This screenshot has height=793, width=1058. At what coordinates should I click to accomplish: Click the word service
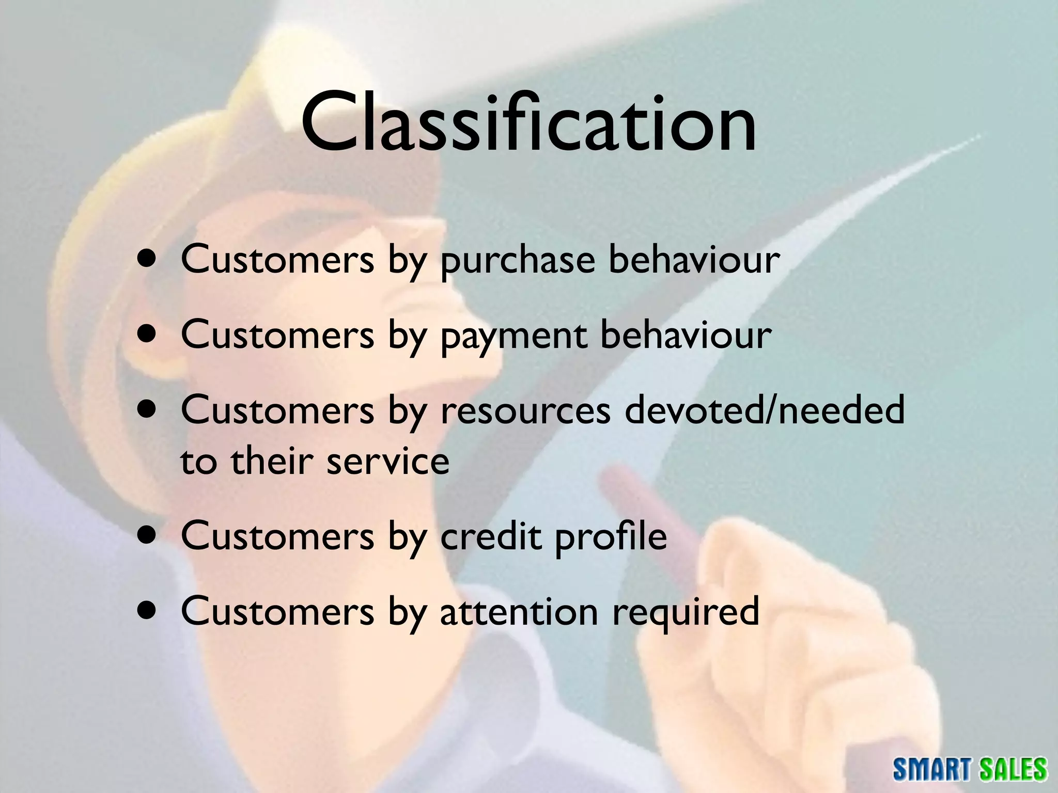tap(388, 461)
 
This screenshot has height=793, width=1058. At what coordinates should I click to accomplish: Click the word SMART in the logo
tap(933, 769)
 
